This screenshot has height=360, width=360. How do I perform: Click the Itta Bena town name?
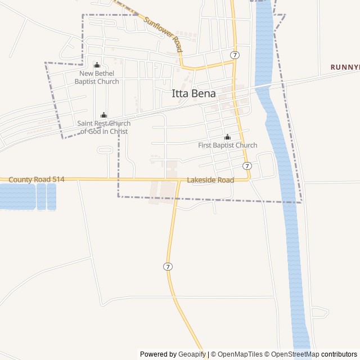tap(193, 94)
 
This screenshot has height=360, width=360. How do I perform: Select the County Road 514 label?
tap(37, 179)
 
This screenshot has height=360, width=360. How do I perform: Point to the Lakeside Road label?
tap(210, 181)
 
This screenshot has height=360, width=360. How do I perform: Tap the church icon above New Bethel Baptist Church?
tap(97, 65)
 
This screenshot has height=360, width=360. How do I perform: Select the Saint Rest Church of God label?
tap(103, 127)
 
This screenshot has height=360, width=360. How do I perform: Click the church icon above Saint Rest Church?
tap(103, 115)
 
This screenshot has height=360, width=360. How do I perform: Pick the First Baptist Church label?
tap(227, 145)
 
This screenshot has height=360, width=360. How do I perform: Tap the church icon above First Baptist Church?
tap(227, 137)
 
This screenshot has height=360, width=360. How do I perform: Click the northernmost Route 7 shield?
tap(235, 55)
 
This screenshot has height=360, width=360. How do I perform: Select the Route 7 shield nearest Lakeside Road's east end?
tap(247, 165)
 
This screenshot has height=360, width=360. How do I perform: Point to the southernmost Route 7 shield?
tap(168, 266)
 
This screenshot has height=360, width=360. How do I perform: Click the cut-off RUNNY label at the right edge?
tap(345, 67)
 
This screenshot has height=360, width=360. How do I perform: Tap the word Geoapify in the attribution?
tap(192, 354)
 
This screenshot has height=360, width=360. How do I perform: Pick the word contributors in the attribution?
tap(339, 354)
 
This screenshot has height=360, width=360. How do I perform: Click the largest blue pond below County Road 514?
tap(17, 196)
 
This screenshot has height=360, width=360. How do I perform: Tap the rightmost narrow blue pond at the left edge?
tap(51, 196)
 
